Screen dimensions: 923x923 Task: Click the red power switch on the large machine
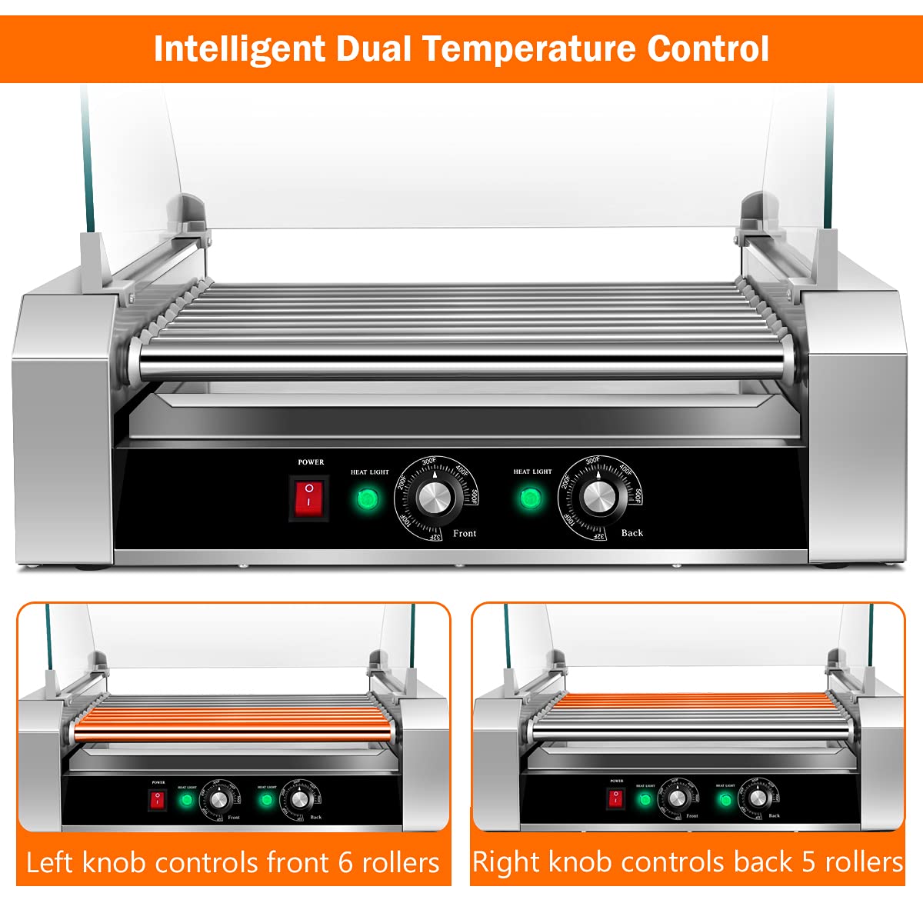tap(308, 498)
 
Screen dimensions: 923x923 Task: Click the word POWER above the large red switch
tap(311, 462)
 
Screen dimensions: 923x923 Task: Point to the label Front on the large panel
tap(465, 533)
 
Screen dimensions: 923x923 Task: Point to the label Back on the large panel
tap(631, 533)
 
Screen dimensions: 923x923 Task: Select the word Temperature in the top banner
tap(529, 48)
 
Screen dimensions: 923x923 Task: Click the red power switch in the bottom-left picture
tap(157, 800)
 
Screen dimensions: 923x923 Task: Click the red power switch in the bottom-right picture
tap(616, 798)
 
